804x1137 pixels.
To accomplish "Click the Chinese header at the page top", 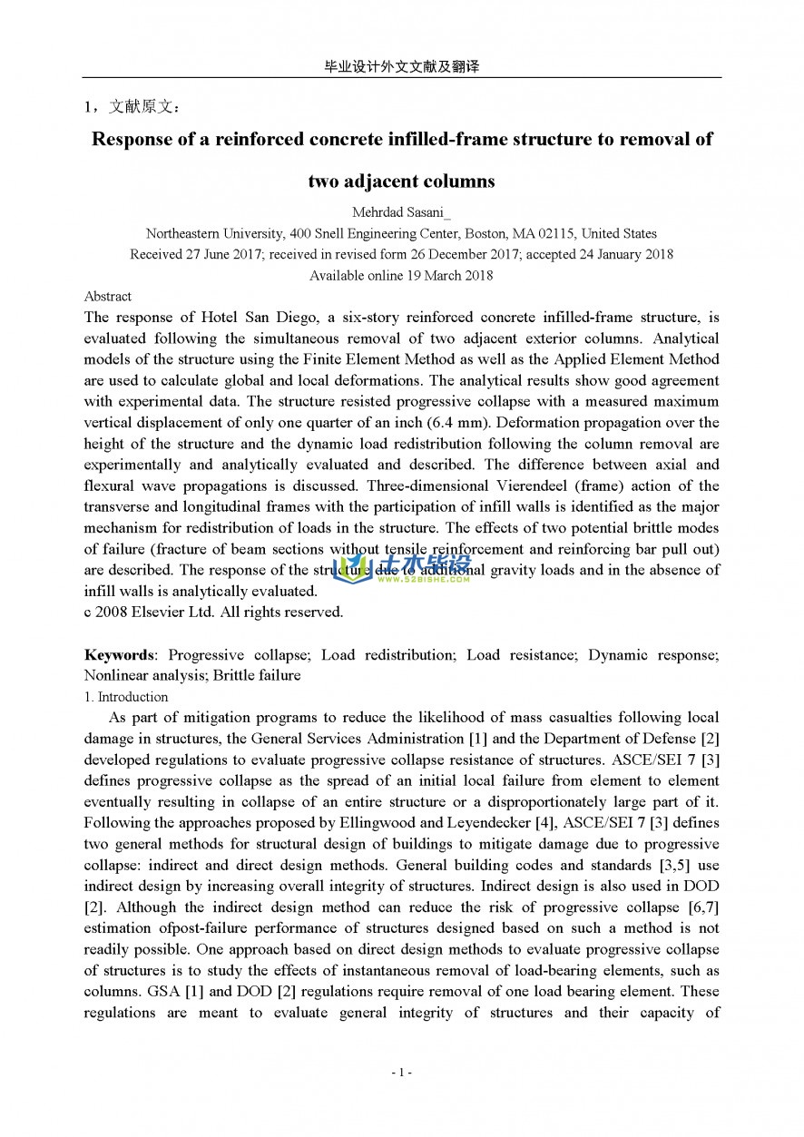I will pyautogui.click(x=401, y=67).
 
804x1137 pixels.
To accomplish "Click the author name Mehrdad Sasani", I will pyautogui.click(x=401, y=213).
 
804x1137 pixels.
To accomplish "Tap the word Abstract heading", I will pyautogui.click(x=107, y=296).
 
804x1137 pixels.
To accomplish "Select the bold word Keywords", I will pyautogui.click(x=119, y=654).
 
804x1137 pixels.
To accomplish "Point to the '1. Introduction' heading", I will pyautogui.click(x=126, y=697).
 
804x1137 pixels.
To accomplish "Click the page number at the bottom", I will pyautogui.click(x=401, y=1073).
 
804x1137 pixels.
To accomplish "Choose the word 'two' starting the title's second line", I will pyautogui.click(x=324, y=181).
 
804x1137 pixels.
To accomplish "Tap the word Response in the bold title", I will pyautogui.click(x=134, y=139).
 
